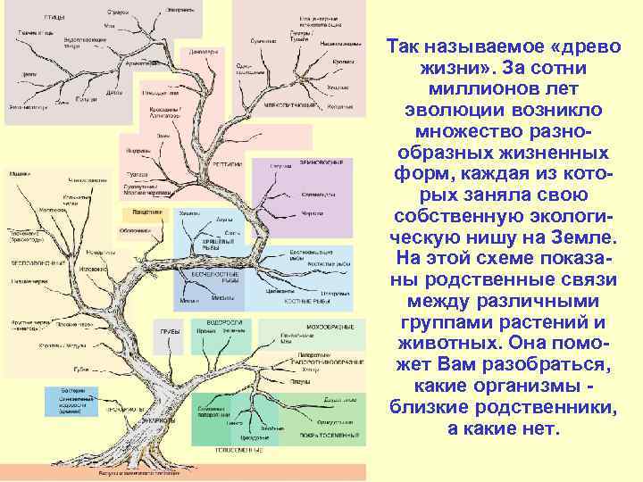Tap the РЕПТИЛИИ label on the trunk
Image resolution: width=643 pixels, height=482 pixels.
click(221, 165)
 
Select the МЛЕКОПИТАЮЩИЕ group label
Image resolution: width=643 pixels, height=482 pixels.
click(293, 105)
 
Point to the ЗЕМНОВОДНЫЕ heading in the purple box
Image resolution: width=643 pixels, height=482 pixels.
click(321, 162)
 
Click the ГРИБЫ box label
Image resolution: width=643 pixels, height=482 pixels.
click(170, 331)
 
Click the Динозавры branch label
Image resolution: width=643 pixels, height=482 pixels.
click(203, 52)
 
